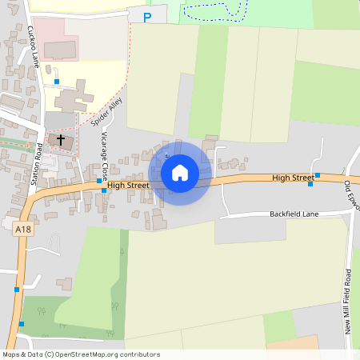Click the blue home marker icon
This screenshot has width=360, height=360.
pos(179,172)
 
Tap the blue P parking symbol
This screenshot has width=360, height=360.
pos(146,17)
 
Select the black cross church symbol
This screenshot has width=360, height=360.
pos(61,139)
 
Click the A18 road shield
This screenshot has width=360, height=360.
pos(23,230)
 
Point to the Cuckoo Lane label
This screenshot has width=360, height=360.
pos(33,48)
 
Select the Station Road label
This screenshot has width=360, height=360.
pos(37,164)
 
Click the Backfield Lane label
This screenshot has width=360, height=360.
pos(295,214)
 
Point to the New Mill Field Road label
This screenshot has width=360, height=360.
pos(349,300)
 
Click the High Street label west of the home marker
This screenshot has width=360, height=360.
pos(128,185)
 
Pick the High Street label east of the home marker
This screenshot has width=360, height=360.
pos(293,177)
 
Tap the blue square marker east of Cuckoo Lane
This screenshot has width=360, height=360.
pos(57,82)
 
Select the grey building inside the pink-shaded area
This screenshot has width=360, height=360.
pos(60,49)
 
